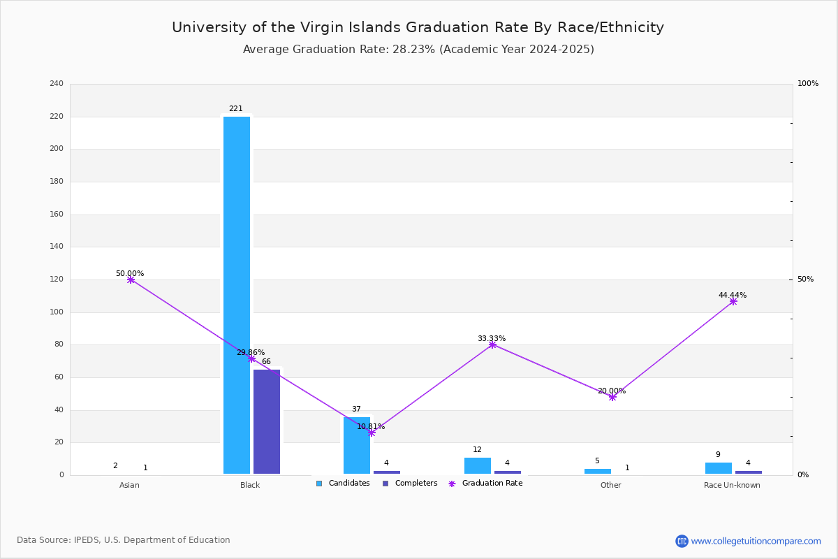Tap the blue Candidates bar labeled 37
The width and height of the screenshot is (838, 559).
coord(357,446)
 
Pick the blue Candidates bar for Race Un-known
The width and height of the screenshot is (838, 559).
coord(719,468)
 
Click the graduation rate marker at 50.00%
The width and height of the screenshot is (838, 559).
coord(131,279)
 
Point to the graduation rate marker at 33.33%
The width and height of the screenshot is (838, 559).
coord(492,344)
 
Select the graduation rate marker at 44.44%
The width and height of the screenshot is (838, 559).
coord(733,301)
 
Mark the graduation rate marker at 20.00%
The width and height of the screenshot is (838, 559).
coord(612,397)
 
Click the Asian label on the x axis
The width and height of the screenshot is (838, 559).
coord(129,486)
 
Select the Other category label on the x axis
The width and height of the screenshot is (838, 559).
coord(610,486)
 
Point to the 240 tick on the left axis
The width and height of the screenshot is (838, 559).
coord(57,84)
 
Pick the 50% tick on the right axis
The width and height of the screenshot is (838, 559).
coord(805,279)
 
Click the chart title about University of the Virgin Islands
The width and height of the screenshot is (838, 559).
coord(418,27)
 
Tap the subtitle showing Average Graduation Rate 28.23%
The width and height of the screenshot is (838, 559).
coord(418,50)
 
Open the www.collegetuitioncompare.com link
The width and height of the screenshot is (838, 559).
coord(756,541)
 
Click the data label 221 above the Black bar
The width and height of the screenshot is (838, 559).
coord(236,109)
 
